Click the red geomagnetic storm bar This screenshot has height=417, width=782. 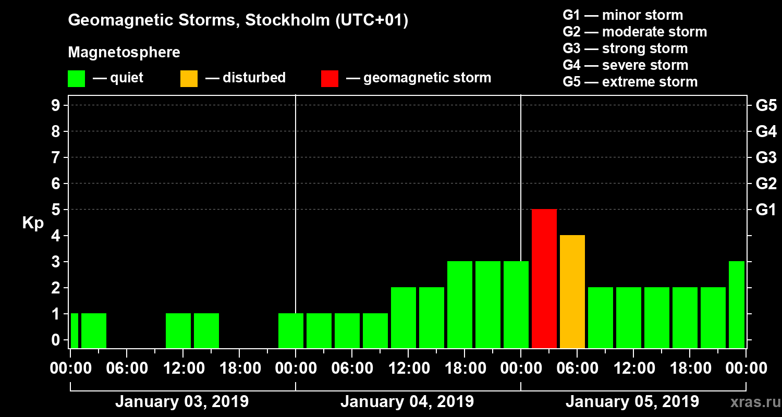pos(544,278)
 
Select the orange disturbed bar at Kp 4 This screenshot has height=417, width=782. pos(572,291)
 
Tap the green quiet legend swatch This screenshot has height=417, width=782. pos(76,79)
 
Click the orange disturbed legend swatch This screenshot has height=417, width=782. pos(189,79)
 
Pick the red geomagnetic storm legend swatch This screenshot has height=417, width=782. pos(329,79)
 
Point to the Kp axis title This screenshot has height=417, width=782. pos(32,223)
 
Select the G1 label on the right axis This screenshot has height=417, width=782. pos(766,210)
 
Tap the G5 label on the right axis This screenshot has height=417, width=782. pos(766,106)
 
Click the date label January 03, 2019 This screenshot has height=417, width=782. pos(181,402)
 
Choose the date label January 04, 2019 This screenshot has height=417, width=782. pos(407,402)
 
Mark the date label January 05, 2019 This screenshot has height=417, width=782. pos(632,402)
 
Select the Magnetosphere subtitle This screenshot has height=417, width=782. pos(124,53)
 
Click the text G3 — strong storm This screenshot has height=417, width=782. pos(625,48)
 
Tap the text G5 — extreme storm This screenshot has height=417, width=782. pos(630,82)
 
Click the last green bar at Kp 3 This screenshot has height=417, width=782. pos(736,304)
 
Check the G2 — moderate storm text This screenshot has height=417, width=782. pos(634,32)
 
